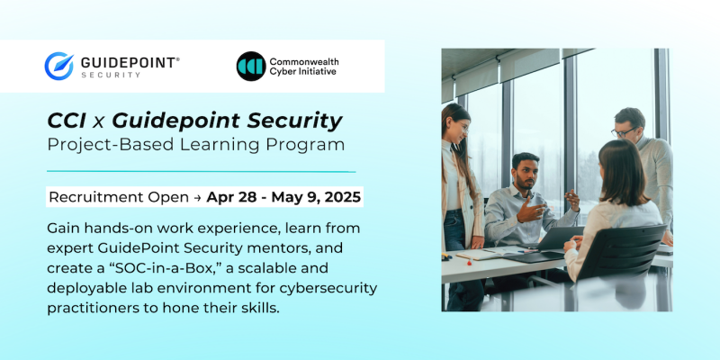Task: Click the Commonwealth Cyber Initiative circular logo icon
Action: click(250, 66)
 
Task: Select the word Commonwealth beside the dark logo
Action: click(304, 61)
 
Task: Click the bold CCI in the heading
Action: click(67, 121)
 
